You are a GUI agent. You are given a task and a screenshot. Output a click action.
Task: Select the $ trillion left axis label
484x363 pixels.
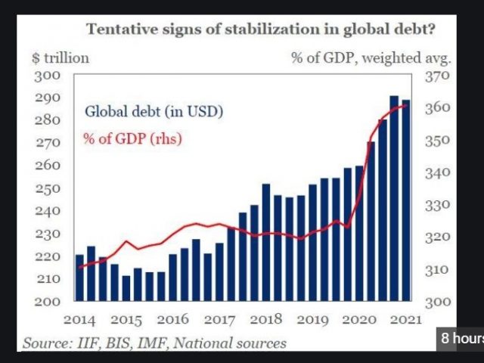point(60,57)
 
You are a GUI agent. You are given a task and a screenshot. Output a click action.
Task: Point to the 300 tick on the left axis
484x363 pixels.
point(47,76)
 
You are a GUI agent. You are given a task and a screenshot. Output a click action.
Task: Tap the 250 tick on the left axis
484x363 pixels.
point(47,188)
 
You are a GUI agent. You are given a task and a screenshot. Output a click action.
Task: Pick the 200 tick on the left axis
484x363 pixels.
point(47,302)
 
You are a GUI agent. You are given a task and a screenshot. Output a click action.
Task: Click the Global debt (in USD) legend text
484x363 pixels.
point(154,113)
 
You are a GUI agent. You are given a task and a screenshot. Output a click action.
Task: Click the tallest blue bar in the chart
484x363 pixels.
point(394,197)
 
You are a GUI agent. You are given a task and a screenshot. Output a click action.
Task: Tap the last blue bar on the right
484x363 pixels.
point(405,199)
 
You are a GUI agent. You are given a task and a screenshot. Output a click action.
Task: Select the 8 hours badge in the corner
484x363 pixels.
point(461,338)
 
